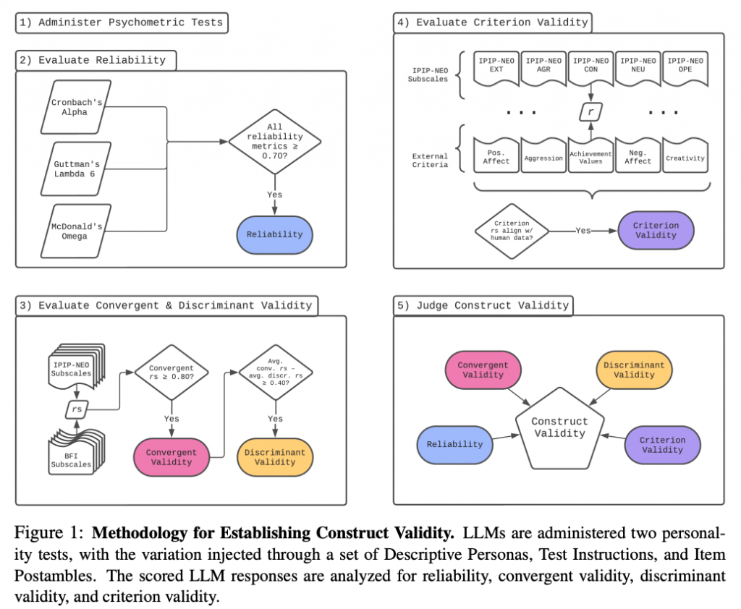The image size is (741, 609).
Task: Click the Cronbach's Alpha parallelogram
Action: click(77, 108)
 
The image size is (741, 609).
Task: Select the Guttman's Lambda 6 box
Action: click(77, 169)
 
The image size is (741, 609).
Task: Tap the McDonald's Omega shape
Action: click(77, 231)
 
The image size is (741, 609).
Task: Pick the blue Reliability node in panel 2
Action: click(274, 235)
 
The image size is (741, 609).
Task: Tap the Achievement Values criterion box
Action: click(590, 157)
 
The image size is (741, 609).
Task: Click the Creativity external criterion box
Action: click(685, 157)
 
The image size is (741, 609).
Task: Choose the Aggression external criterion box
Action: click(543, 157)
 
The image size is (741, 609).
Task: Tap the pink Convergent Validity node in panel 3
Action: click(171, 457)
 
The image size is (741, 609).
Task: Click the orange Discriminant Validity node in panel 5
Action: click(634, 370)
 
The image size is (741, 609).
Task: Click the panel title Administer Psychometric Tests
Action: click(121, 22)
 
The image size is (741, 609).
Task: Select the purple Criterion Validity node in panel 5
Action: click(662, 444)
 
